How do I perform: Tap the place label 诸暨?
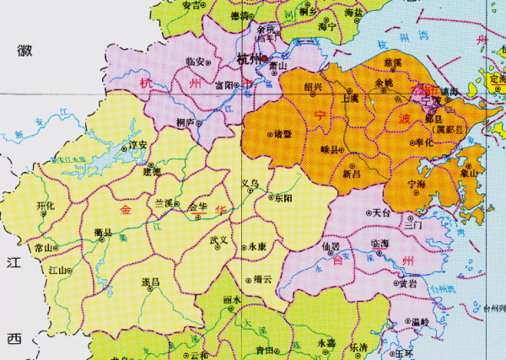tap(283, 133)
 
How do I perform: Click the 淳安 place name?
tap(136, 145)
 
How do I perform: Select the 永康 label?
tap(256, 247)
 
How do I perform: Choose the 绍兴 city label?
tap(313, 86)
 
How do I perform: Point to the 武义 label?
tap(220, 240)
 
